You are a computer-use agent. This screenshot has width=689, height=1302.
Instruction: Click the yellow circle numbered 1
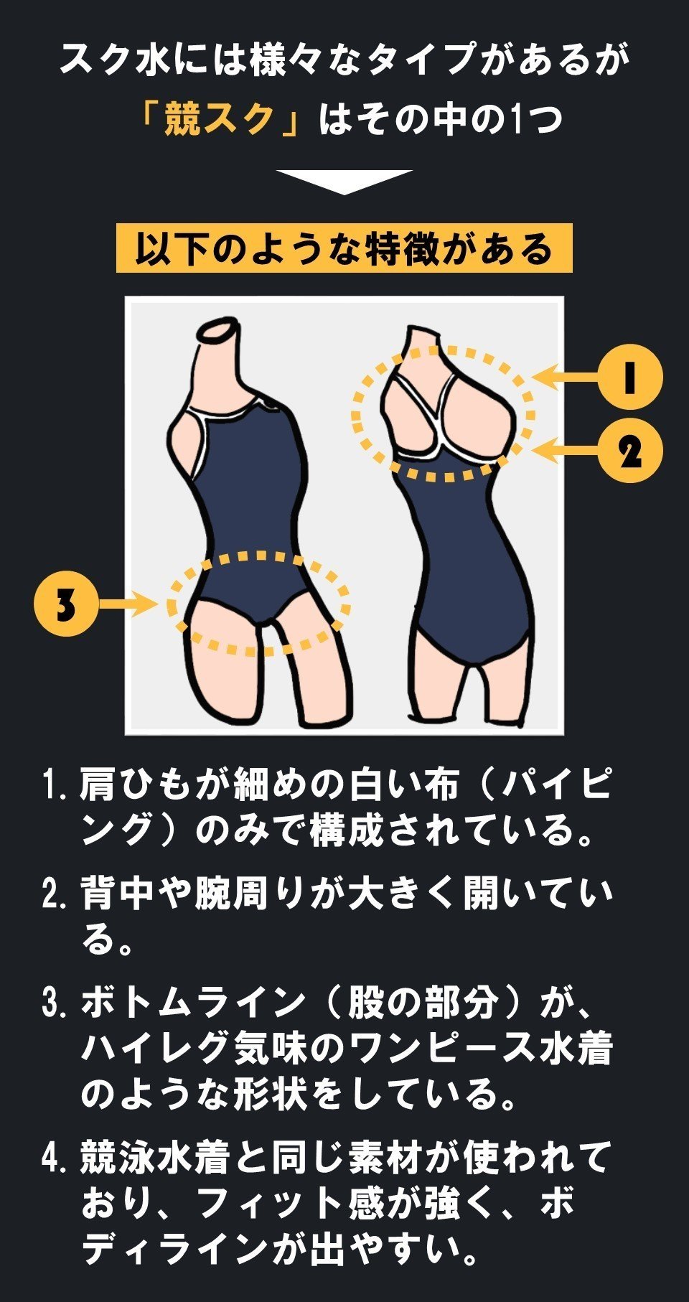point(629,377)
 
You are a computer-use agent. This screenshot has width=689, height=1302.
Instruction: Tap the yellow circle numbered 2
point(629,451)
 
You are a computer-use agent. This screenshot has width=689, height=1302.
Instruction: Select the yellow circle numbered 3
point(65,604)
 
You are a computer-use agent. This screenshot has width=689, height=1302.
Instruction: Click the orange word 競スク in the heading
point(220,118)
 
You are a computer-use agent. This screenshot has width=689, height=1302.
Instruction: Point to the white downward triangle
point(344,181)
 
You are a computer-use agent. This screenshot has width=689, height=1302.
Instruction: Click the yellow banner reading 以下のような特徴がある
point(344,248)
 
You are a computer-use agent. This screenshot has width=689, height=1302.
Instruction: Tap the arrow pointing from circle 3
point(128,604)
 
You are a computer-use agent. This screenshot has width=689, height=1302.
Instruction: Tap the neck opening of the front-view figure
point(219,331)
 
